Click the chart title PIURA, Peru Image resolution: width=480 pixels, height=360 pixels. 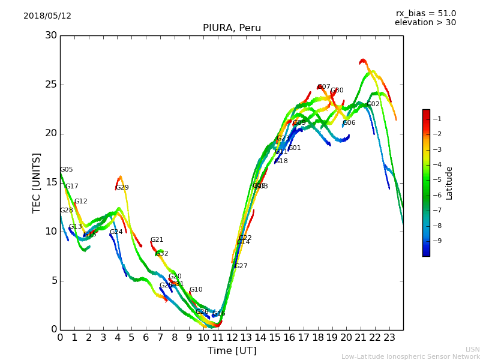232,28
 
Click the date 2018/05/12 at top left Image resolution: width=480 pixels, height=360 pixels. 47,16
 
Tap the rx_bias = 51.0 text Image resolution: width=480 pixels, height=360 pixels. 425,14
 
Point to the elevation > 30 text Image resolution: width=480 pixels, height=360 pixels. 425,23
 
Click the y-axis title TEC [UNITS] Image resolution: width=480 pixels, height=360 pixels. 37,182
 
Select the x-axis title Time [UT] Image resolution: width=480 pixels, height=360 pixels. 232,351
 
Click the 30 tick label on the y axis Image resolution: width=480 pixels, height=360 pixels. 51,35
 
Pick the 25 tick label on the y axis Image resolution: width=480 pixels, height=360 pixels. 51,85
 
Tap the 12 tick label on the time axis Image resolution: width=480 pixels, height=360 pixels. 232,338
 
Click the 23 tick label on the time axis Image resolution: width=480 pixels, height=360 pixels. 389,338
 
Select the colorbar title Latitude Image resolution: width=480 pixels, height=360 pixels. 449,183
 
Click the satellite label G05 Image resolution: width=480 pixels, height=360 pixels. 66,170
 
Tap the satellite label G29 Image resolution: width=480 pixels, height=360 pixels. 122,188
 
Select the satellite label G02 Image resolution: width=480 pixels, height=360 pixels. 373,104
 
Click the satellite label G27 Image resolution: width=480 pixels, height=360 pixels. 241,266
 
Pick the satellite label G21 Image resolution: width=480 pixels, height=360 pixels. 157,240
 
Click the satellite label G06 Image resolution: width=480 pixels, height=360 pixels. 349,123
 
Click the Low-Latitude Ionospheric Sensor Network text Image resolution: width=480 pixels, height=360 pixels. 410,357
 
